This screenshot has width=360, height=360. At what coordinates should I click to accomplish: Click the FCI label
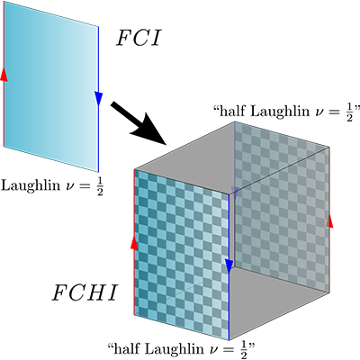tap(139, 38)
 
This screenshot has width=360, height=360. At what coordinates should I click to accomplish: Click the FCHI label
tap(85, 292)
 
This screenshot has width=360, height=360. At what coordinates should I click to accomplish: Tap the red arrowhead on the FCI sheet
tap(4, 74)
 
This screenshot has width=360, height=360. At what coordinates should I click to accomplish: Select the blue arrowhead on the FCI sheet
tap(98, 99)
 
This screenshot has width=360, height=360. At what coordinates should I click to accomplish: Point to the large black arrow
tap(139, 123)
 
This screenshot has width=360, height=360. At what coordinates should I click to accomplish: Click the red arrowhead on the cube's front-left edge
tap(134, 242)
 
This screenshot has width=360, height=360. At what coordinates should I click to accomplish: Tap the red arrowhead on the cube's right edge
tap(329, 220)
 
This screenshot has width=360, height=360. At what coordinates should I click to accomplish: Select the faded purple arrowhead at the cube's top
tap(234, 190)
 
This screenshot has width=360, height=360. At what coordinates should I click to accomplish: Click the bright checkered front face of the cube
tap(182, 255)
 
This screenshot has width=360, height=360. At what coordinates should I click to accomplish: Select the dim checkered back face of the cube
tap(282, 207)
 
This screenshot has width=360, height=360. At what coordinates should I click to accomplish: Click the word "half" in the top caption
tap(230, 111)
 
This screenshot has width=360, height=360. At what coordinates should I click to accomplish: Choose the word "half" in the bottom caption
tap(124, 348)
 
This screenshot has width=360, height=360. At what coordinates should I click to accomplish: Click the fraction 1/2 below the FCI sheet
tap(100, 187)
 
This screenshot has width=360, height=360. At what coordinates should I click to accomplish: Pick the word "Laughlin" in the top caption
tap(277, 112)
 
